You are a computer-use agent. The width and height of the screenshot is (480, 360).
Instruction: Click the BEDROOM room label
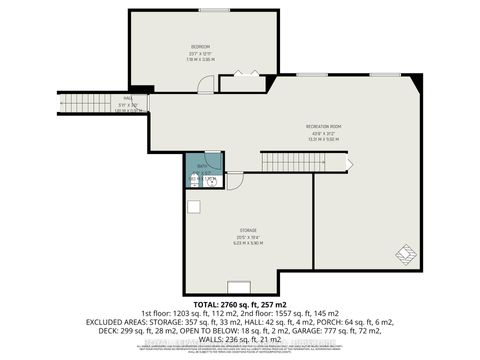tap(202, 47)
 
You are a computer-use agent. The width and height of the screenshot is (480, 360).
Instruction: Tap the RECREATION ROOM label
tap(326, 125)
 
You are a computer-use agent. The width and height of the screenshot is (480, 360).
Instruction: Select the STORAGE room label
tap(235, 229)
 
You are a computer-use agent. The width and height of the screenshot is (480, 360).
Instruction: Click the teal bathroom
tap(201, 179)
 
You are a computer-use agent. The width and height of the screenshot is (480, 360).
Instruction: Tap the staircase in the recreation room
tap(301, 162)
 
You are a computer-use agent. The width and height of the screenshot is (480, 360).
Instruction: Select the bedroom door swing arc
tap(205, 86)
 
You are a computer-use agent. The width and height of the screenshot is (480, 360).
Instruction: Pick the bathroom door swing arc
tap(235, 180)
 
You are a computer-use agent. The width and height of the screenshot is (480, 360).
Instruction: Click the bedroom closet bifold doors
tap(241, 73)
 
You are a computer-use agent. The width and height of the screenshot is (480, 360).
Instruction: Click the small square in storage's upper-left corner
tap(194, 206)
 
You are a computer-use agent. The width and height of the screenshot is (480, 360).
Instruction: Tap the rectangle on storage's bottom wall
tap(238, 284)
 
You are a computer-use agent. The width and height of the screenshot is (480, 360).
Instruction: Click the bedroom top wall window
tap(213, 10)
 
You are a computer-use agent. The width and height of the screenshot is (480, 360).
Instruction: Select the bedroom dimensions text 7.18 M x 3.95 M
tap(202, 59)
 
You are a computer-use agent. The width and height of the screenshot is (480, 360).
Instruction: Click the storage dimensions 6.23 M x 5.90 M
tap(235, 242)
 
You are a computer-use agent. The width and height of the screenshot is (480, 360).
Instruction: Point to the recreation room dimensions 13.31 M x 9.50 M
tap(326, 138)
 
